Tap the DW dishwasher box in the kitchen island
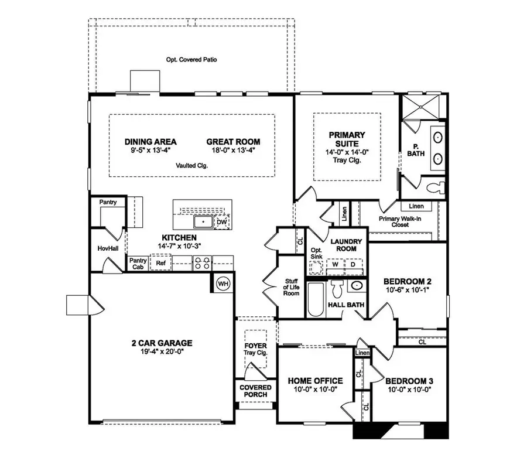pos(221,223)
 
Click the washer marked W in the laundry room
pos(334,264)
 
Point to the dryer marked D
pos(353,264)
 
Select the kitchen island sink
pos(203,222)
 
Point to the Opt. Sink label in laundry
pos(316,253)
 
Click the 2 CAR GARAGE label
pos(162,343)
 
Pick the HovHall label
pos(107,248)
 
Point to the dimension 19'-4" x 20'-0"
pos(162,353)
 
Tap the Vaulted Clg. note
pos(191,166)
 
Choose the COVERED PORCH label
pos(256,391)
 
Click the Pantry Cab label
pos(138,264)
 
